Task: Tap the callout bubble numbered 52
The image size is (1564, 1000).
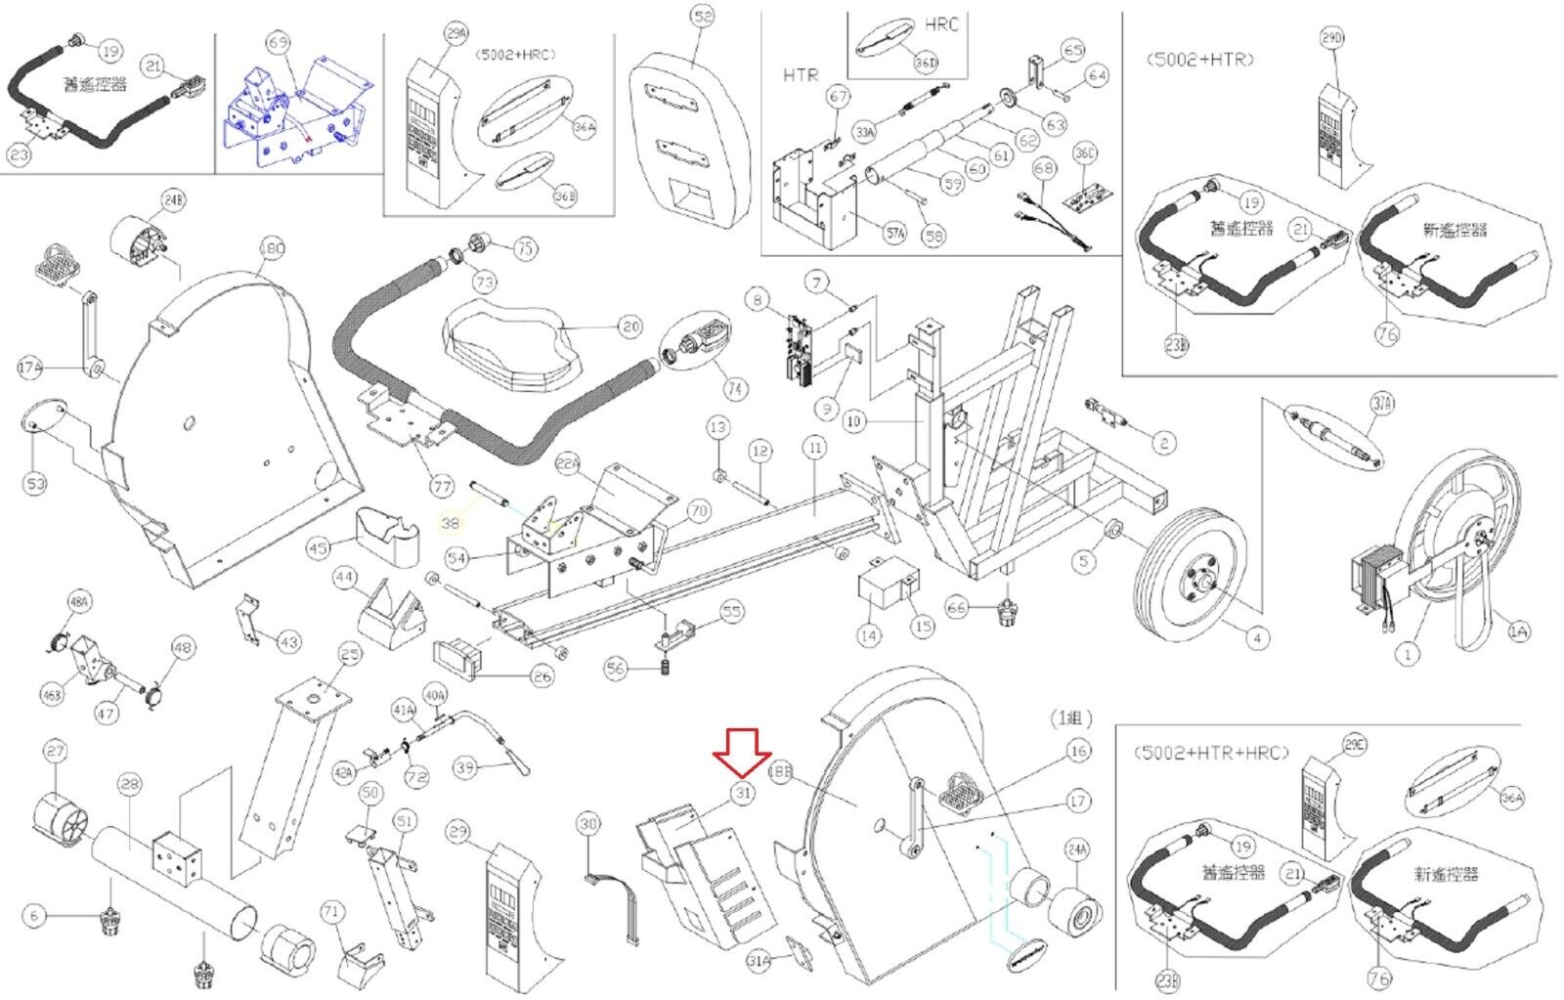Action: click(702, 18)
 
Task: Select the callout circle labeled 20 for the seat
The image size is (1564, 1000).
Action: click(630, 326)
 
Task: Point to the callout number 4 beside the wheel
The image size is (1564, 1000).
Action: click(1257, 638)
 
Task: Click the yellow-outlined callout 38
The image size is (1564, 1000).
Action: click(450, 524)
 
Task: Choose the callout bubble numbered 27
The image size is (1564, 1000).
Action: click(55, 752)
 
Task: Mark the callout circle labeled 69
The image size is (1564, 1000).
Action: click(279, 43)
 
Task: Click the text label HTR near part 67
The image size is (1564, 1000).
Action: click(801, 74)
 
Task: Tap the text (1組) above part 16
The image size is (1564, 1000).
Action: click(1070, 718)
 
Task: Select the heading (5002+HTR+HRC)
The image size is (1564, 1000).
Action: click(1211, 753)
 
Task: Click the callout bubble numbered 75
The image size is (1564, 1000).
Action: click(526, 248)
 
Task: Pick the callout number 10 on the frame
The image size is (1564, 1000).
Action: click(855, 421)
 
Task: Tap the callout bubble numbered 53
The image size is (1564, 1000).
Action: click(35, 483)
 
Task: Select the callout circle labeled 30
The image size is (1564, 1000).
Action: click(587, 824)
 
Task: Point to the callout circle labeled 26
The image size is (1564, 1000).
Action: click(542, 675)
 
